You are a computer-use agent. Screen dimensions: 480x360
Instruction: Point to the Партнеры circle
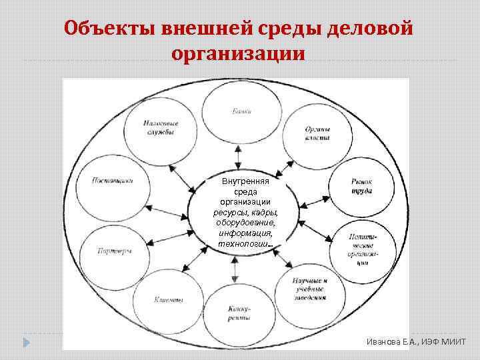click(115, 250)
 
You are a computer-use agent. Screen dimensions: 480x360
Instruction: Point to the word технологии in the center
click(244, 243)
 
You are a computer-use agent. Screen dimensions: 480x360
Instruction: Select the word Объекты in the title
click(109, 29)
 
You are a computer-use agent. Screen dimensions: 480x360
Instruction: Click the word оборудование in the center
click(245, 223)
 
